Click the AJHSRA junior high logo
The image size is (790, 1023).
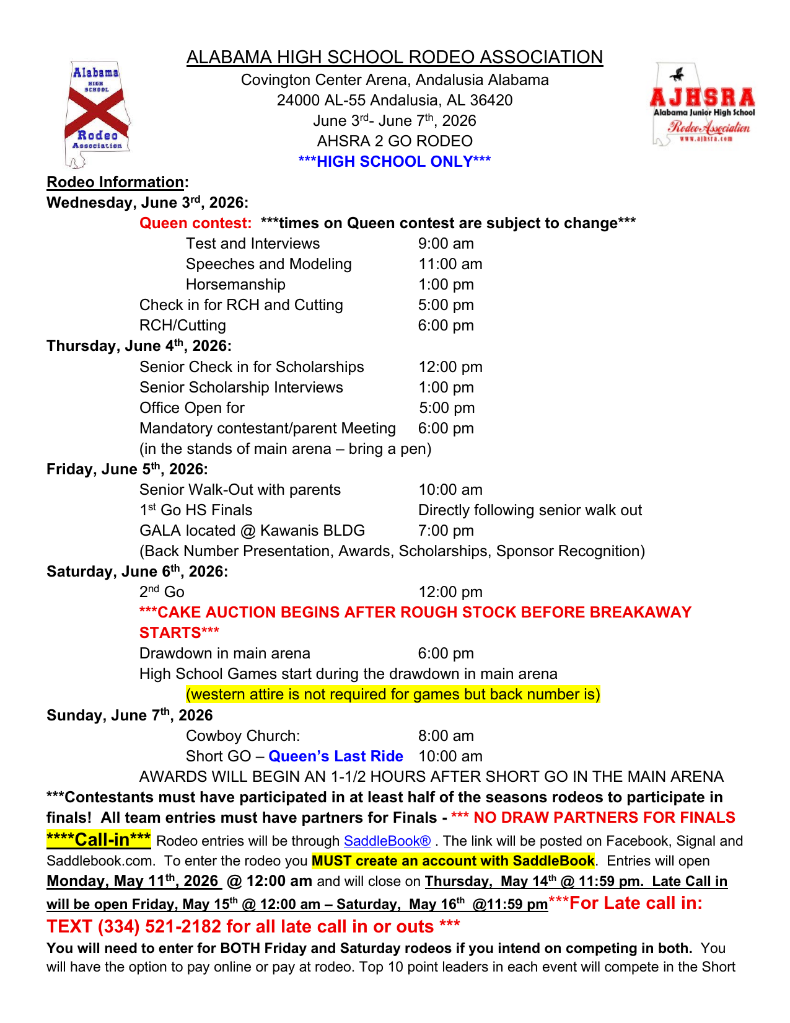click(x=702, y=105)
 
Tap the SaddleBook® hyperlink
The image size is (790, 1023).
click(x=387, y=841)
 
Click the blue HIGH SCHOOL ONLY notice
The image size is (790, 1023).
click(x=394, y=162)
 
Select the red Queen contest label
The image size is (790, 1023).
click(x=195, y=223)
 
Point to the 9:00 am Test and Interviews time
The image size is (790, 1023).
click(x=445, y=244)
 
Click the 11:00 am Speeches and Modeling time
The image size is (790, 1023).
click(x=450, y=264)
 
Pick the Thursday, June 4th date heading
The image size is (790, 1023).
click(x=139, y=346)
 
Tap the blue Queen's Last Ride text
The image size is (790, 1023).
click(x=336, y=756)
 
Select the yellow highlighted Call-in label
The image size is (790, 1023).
click(x=99, y=840)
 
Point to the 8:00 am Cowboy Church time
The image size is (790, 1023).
click(x=445, y=736)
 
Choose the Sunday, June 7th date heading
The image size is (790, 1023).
click(x=129, y=715)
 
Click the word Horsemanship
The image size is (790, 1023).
click(x=235, y=285)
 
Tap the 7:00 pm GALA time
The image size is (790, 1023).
click(x=445, y=531)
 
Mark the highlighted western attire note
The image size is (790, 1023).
click(x=393, y=694)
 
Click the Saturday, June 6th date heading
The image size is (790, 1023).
click(x=137, y=572)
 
